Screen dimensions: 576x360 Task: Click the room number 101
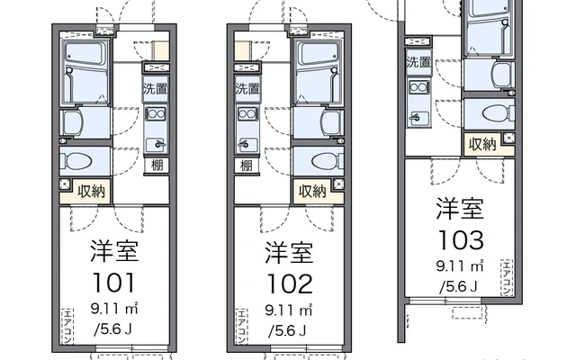[114, 283]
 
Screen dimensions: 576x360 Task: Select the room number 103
[461, 240]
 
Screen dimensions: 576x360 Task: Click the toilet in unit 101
[78, 161]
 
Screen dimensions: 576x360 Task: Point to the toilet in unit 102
[327, 161]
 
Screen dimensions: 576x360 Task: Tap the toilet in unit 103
[498, 114]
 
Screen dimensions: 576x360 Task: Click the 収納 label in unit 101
[91, 191]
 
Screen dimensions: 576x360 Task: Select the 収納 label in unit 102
[312, 191]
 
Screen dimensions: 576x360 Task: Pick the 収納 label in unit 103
[482, 144]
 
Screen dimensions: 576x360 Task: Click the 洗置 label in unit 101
[156, 88]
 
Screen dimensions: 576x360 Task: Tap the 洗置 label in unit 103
[418, 62]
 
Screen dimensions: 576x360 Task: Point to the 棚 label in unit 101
[157, 165]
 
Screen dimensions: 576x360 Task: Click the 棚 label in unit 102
[247, 165]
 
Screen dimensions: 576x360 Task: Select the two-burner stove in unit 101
[156, 114]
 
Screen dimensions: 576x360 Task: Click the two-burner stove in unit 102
[247, 114]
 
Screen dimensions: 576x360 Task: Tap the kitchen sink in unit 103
[418, 118]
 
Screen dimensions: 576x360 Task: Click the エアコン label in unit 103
[507, 277]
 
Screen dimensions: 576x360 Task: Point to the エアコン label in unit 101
[67, 327]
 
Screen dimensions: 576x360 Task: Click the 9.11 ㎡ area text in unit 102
[289, 310]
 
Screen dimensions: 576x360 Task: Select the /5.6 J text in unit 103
[459, 286]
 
